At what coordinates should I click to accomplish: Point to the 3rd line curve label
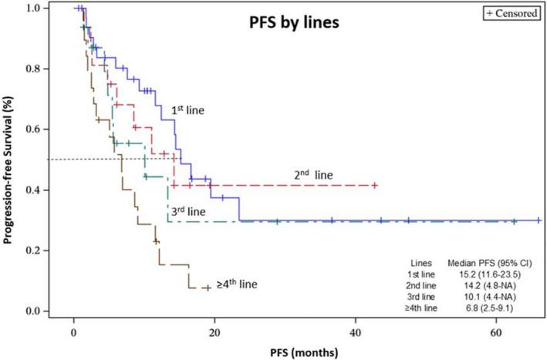(x=187, y=210)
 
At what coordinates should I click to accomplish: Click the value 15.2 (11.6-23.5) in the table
(x=485, y=272)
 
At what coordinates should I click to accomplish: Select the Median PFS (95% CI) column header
(x=486, y=261)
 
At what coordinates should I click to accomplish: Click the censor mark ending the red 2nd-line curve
(x=374, y=185)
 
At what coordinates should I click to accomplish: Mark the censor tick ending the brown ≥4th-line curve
(x=206, y=288)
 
